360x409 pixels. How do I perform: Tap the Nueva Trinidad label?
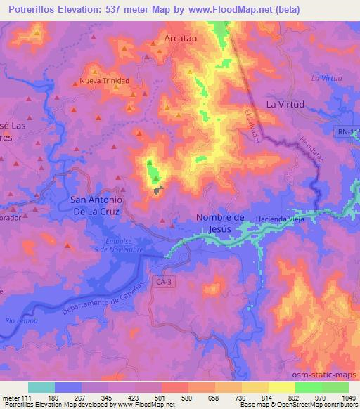(105, 81)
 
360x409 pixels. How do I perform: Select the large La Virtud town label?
(285, 104)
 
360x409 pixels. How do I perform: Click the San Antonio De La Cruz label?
(98, 205)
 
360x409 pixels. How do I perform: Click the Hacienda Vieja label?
(278, 219)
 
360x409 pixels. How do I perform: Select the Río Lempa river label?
(19, 321)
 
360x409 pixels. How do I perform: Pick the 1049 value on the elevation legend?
(349, 398)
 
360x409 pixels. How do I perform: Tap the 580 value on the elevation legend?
(188, 398)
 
